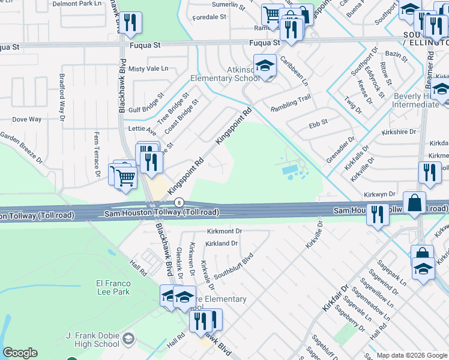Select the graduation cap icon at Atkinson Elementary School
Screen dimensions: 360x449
click(264, 66)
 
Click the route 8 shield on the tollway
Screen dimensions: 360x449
click(179, 203)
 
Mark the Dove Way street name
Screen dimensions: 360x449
click(27, 119)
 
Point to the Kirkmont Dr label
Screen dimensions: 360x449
click(224, 231)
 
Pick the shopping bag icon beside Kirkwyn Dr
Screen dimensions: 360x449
click(414, 203)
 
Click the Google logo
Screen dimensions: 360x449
click(20, 353)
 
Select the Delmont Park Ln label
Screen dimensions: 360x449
click(78, 4)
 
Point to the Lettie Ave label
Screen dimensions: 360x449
click(142, 129)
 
